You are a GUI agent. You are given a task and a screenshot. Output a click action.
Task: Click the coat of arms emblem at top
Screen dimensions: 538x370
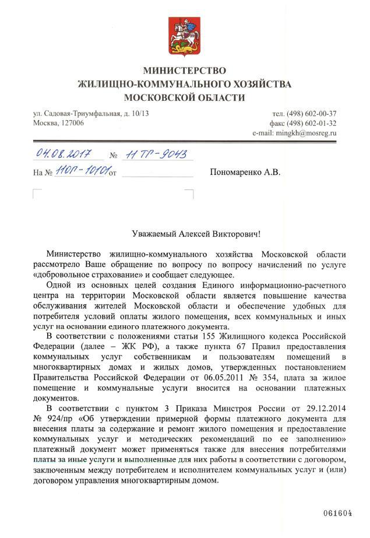click(x=185, y=34)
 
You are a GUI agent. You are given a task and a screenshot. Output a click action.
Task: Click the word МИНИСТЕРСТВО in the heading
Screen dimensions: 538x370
click(x=185, y=70)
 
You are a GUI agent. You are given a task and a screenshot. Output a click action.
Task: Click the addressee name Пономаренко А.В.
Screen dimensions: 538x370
click(x=245, y=173)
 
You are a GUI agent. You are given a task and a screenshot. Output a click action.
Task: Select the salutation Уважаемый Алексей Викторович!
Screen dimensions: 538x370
click(x=185, y=233)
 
